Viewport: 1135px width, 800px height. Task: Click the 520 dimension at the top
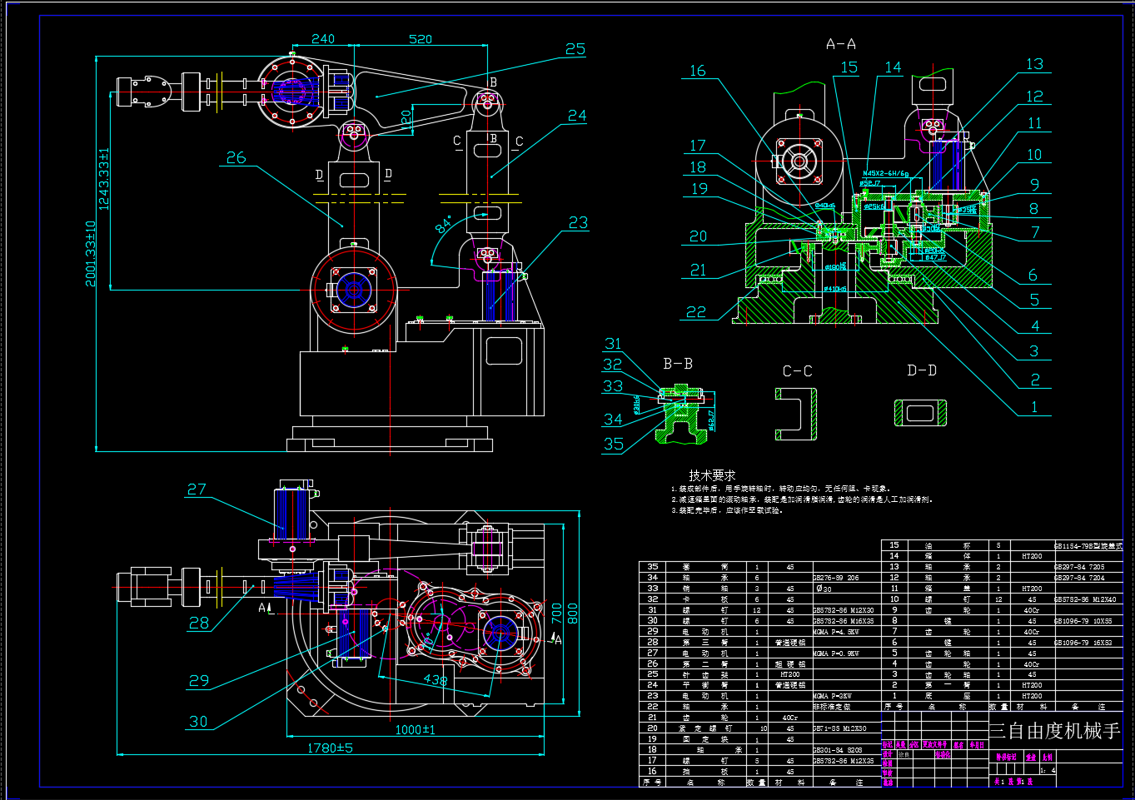point(421,39)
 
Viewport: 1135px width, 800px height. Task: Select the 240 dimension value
point(323,39)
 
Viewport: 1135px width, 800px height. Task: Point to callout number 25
point(575,50)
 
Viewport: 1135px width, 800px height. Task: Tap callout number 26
point(236,157)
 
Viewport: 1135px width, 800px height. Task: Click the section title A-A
point(840,44)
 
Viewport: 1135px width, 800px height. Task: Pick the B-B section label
point(678,364)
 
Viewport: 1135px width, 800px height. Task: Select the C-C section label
point(797,371)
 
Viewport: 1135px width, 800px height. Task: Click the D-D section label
point(922,370)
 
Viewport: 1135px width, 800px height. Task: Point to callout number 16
point(698,72)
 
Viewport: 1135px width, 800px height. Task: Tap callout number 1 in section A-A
point(1035,407)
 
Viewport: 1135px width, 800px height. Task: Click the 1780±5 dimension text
point(330,748)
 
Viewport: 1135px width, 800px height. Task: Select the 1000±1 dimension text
point(415,730)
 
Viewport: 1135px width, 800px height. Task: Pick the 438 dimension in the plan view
point(435,680)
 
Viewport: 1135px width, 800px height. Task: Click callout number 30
point(198,722)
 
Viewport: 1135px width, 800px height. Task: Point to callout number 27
point(197,489)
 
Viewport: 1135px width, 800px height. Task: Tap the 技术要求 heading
point(712,475)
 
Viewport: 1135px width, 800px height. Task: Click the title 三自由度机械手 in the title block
point(1054,732)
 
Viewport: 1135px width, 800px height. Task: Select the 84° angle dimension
point(445,224)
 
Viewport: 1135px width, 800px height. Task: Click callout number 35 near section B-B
point(614,445)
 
